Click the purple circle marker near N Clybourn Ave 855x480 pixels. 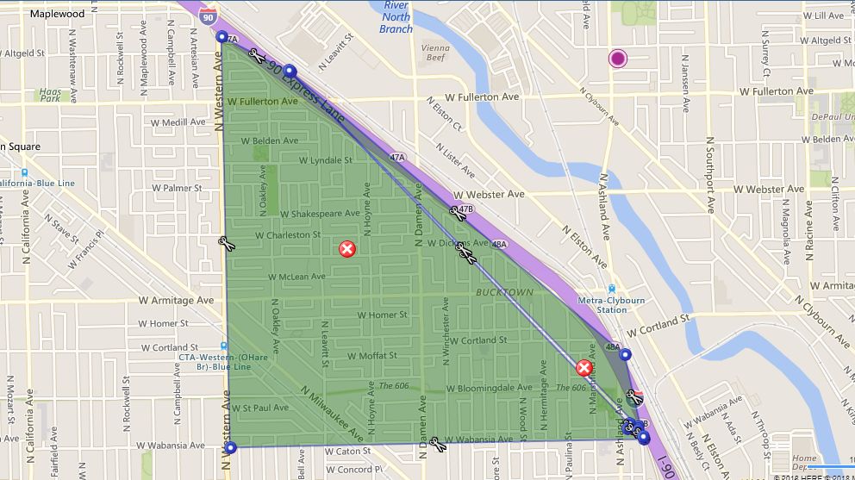(x=617, y=59)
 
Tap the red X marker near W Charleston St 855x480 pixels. (x=346, y=249)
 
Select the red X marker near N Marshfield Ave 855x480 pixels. (x=584, y=369)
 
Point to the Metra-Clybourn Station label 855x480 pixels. (x=612, y=304)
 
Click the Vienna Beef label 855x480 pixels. (x=435, y=53)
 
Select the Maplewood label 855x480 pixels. (x=57, y=15)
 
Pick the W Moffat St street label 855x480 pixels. (x=372, y=355)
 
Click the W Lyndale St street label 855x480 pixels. (x=325, y=160)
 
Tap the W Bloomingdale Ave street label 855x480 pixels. (x=489, y=389)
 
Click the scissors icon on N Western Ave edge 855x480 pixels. (x=227, y=244)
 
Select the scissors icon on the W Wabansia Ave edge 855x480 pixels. (x=437, y=444)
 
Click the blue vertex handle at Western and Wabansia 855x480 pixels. (x=230, y=447)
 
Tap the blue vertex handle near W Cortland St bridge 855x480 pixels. (x=626, y=353)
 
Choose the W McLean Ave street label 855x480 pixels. (x=296, y=277)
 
